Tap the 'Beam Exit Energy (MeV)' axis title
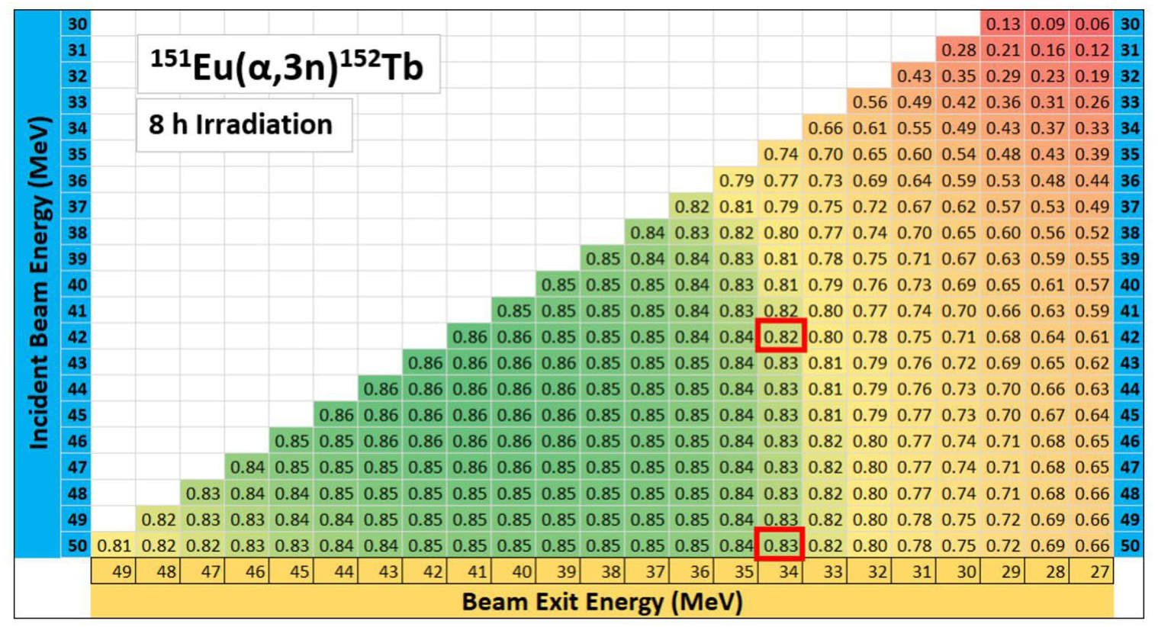click(x=602, y=602)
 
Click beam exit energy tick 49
click(x=121, y=571)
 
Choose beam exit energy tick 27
click(x=1099, y=571)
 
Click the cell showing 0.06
click(x=1092, y=24)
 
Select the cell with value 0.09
click(x=1047, y=24)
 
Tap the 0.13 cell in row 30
click(x=1002, y=24)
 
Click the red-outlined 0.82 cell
click(x=780, y=336)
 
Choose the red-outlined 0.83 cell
click(x=780, y=545)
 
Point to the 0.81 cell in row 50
click(x=114, y=545)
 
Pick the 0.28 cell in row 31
click(x=958, y=50)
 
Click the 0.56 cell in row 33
click(x=870, y=102)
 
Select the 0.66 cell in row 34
click(x=825, y=128)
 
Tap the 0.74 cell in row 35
click(x=780, y=154)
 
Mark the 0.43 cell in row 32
click(x=914, y=76)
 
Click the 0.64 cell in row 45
click(x=1092, y=415)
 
